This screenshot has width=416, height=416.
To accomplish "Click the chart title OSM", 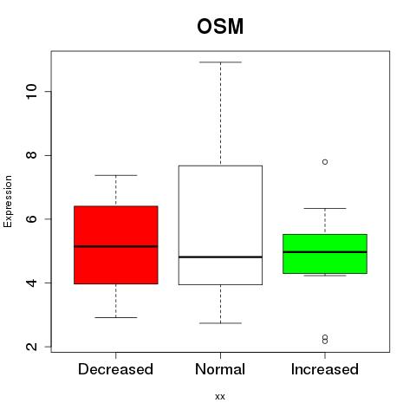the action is tap(220, 26).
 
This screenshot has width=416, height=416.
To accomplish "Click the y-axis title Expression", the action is tap(8, 201).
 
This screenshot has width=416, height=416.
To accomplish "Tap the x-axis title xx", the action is tap(220, 397).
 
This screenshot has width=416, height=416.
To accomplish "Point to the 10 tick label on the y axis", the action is tap(31, 92).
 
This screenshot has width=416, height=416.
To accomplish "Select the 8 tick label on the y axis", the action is tap(31, 155).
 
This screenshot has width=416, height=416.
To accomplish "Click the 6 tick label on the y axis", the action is tap(31, 219).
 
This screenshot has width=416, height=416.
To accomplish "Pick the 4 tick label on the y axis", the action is tap(31, 283).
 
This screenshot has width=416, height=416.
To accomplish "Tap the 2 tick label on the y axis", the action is tap(31, 347).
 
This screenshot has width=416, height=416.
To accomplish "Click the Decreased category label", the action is tap(115, 369).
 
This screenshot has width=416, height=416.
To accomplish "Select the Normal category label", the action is tap(220, 369).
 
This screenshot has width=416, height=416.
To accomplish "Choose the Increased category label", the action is tap(325, 369).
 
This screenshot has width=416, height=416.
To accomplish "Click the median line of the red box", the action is tap(116, 246).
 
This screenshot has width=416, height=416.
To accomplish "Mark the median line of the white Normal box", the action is tap(220, 257).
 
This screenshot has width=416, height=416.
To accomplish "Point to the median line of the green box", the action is tap(325, 252).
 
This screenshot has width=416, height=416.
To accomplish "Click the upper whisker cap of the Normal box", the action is tap(220, 62).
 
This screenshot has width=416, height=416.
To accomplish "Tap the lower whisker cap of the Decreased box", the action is tap(116, 317).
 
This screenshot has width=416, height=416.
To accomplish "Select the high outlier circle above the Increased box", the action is tap(325, 162).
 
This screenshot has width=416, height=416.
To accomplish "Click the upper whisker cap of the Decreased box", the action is tap(116, 175).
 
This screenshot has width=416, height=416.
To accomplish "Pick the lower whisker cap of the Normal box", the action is tap(220, 323).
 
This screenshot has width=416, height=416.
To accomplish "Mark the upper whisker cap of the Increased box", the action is tap(325, 208).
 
